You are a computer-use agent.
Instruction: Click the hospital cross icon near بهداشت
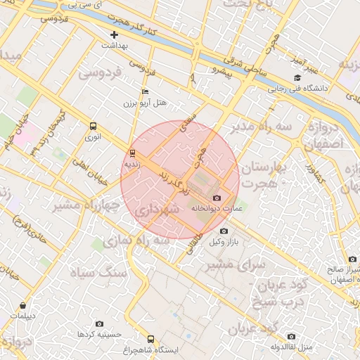(115, 34)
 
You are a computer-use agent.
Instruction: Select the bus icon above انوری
(94, 126)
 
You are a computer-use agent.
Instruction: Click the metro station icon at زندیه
(132, 153)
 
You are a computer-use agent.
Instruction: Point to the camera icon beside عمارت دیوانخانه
(216, 198)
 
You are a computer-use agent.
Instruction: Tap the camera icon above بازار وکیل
(224, 231)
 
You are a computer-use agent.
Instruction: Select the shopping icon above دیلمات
(24, 306)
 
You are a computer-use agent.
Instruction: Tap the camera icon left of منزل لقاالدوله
(292, 336)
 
